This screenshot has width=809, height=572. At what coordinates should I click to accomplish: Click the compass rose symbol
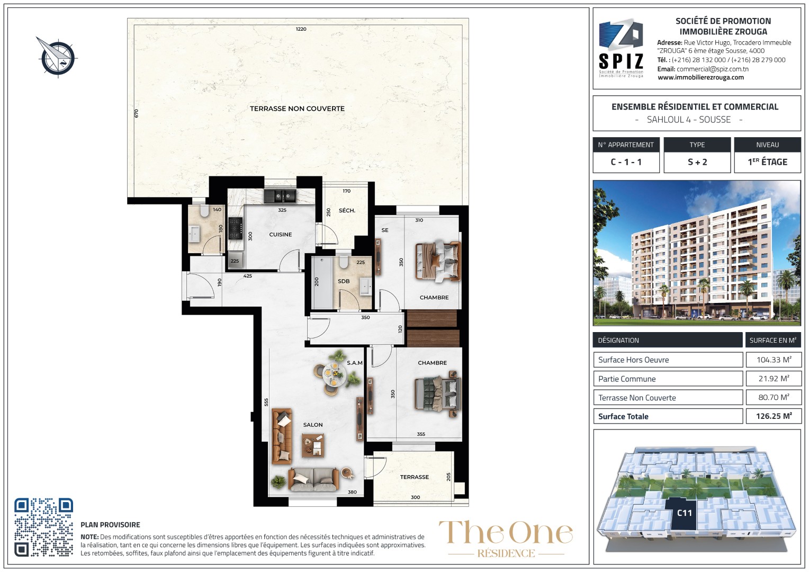(57, 57)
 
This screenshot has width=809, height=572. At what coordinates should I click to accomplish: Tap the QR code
(44, 527)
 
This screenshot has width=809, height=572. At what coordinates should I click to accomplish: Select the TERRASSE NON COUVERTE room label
(297, 109)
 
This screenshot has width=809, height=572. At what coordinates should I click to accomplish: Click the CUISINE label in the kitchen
(280, 235)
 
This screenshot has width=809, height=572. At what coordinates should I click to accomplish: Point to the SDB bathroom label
(344, 281)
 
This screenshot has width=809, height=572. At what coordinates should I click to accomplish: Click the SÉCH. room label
(347, 210)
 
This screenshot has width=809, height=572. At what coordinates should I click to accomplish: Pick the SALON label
(313, 425)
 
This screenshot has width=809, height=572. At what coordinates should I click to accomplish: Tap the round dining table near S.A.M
(335, 374)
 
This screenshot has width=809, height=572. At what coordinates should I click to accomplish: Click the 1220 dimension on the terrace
(301, 29)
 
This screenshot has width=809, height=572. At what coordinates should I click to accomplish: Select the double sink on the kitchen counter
(280, 196)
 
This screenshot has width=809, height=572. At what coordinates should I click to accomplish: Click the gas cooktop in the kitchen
(235, 228)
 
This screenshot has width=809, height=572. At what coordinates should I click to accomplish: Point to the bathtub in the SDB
(322, 283)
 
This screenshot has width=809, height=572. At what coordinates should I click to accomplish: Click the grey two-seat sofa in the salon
(313, 479)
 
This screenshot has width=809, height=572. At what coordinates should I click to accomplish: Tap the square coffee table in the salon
(313, 445)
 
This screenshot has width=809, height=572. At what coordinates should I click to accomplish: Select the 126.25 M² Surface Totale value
(774, 416)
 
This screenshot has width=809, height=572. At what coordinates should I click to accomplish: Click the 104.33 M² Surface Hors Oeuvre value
(774, 360)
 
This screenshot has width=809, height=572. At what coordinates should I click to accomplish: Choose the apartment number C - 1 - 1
(626, 162)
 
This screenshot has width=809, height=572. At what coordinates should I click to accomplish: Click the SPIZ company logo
(621, 48)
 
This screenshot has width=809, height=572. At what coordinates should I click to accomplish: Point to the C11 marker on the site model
(684, 513)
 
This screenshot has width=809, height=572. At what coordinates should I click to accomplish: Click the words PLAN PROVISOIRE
(110, 525)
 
